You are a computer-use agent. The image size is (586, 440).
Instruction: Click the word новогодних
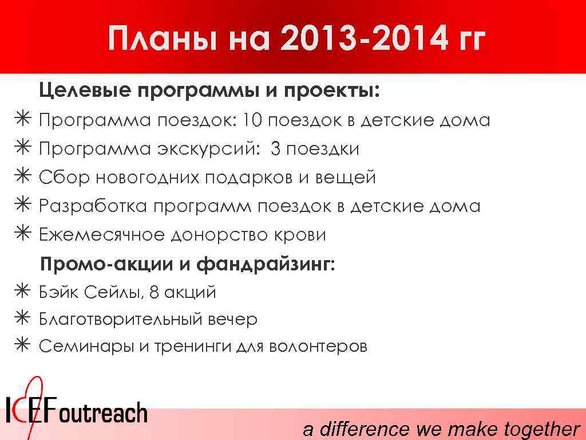point(147,178)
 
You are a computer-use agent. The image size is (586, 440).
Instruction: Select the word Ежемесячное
point(101,235)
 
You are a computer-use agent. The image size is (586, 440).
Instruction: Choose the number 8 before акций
point(153,292)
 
